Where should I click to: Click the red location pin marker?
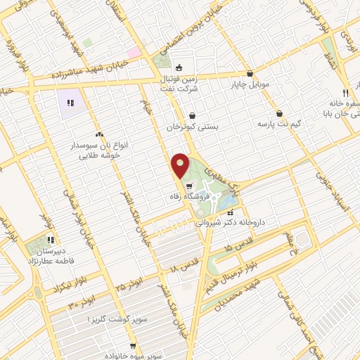click(180, 166)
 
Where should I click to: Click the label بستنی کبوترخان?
click(193, 127)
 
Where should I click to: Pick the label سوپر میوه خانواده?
click(138, 347)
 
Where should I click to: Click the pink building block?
click(132, 53)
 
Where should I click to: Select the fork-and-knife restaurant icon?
click(345, 93)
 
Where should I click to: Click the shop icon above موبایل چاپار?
click(250, 74)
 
